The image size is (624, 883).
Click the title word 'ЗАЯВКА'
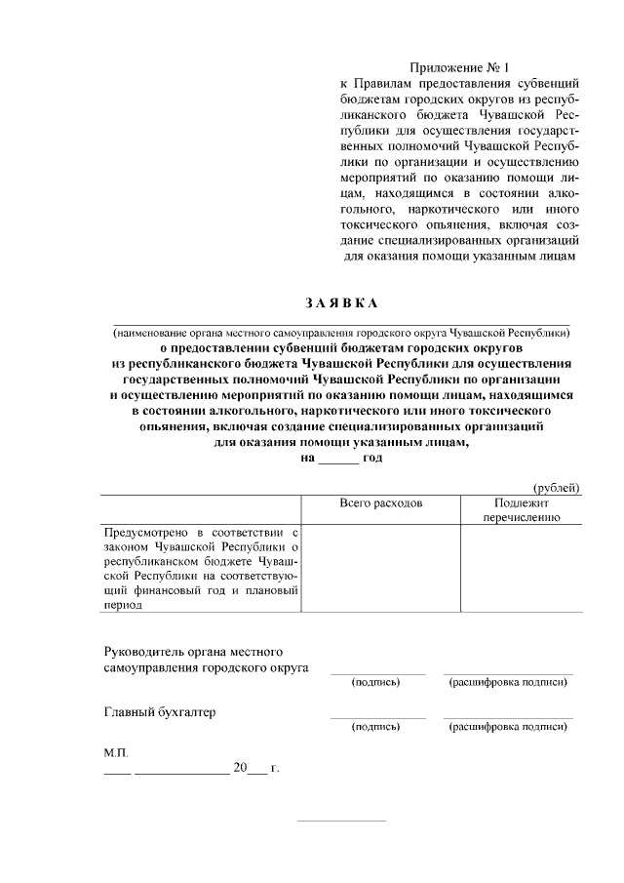pyautogui.click(x=341, y=303)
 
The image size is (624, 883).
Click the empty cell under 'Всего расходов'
pyautogui.click(x=381, y=568)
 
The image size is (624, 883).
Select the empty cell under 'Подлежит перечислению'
pyautogui.click(x=522, y=568)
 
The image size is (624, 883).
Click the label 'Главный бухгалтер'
pyautogui.click(x=160, y=711)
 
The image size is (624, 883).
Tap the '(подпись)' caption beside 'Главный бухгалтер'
pyautogui.click(x=376, y=726)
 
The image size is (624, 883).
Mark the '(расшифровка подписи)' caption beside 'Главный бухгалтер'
pyautogui.click(x=508, y=726)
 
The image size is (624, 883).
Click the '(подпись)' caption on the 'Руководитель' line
pyautogui.click(x=376, y=682)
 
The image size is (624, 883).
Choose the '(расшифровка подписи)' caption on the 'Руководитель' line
pyautogui.click(x=508, y=682)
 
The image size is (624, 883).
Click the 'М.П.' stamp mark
pyautogui.click(x=116, y=754)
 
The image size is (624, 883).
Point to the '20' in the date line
pyautogui.click(x=240, y=768)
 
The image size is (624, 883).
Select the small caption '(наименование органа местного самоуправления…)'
pyautogui.click(x=341, y=332)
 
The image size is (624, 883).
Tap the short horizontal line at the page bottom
pyautogui.click(x=341, y=821)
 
